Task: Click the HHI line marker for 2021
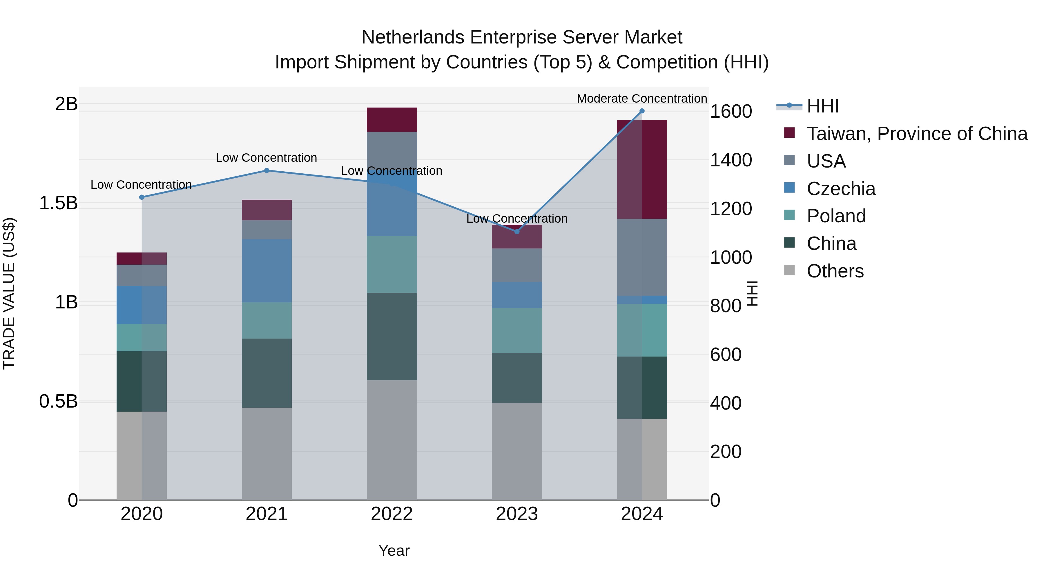267,170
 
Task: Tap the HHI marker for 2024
642,111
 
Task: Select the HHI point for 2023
517,232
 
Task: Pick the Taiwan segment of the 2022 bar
391,120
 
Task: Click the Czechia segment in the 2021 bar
267,271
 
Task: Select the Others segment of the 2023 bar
517,451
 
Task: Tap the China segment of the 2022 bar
391,336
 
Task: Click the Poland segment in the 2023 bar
517,330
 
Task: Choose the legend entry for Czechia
841,189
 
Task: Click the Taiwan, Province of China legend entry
917,134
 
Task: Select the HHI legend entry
823,106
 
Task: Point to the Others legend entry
835,271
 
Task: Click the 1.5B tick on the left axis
58,203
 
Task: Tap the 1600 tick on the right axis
731,111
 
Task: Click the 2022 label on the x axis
391,514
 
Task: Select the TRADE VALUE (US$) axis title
9,293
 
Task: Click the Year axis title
394,550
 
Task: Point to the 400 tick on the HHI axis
726,403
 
